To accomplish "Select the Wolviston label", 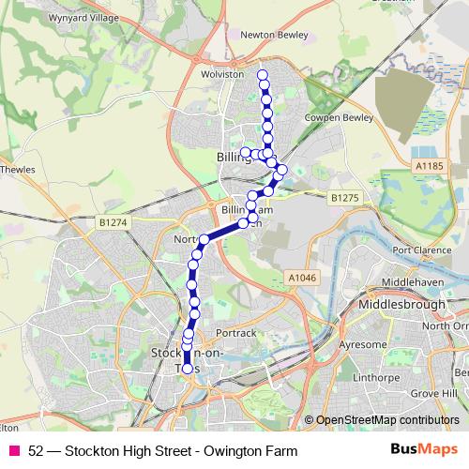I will (222, 73).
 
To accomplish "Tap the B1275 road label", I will (344, 198).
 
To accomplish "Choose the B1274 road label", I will (112, 222).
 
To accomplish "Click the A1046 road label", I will (302, 278).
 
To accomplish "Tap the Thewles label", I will (17, 171).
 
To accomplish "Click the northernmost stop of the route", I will (263, 75).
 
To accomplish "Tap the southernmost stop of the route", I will (187, 370).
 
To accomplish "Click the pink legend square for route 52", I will (15, 451).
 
